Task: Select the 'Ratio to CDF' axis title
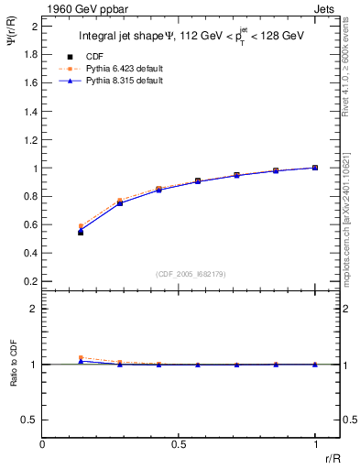pos(13,378)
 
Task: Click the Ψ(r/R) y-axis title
pos(12,39)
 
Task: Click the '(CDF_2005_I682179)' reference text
pos(191,273)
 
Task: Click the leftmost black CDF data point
pos(81,233)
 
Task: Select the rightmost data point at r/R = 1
pos(315,168)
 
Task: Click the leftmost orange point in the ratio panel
pos(81,358)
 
